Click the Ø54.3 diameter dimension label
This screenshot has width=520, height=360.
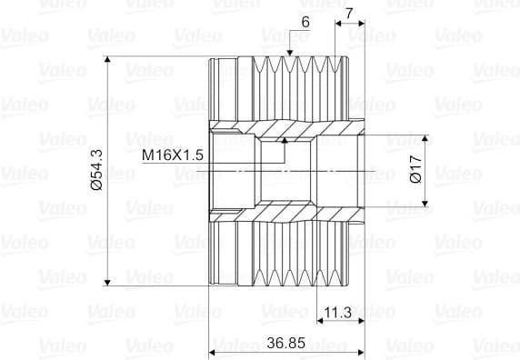pos(97,170)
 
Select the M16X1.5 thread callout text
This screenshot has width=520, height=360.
pos(173,155)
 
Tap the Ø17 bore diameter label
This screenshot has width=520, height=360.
pos(415,168)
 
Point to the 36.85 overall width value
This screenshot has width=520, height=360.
pos(285,343)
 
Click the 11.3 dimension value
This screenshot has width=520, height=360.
pos(337,312)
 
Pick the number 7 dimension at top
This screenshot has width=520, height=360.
pos(349,14)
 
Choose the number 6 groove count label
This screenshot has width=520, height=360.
pos(305,22)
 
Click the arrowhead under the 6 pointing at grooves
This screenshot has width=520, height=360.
pos(290,53)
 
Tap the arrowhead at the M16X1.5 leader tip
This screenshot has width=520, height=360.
pos(285,140)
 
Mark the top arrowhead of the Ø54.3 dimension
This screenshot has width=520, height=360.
pos(107,59)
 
